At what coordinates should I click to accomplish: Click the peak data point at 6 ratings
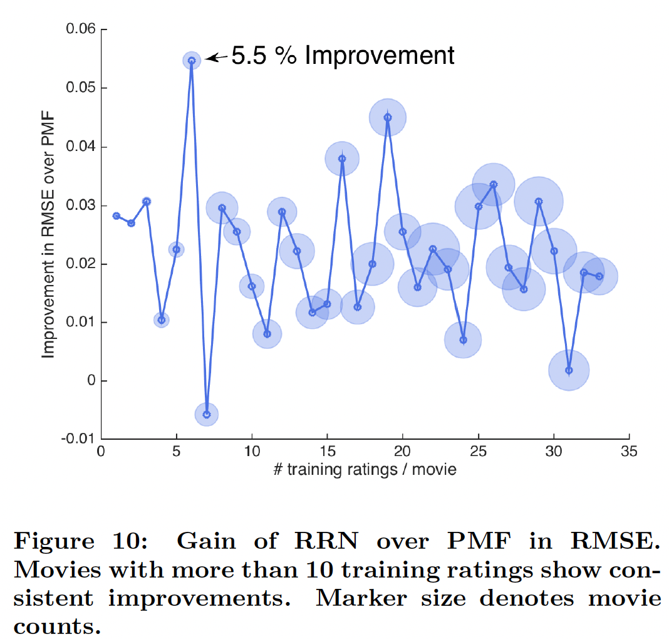click(192, 61)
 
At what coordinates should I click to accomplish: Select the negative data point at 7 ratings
click(207, 414)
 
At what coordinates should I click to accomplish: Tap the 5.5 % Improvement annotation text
click(343, 56)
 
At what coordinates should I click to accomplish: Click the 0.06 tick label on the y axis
click(80, 29)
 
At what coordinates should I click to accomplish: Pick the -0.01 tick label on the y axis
click(78, 439)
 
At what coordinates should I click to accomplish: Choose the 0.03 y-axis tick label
click(80, 205)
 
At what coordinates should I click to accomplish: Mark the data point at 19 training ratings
click(388, 117)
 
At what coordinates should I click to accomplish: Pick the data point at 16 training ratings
click(342, 158)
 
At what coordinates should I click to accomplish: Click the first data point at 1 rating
click(116, 216)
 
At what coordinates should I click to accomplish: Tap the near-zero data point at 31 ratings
click(569, 370)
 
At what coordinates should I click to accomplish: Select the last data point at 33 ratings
click(599, 276)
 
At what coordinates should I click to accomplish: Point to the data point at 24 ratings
click(463, 340)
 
